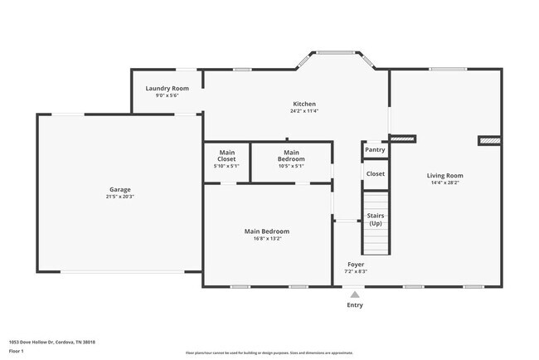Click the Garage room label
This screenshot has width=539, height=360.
119,189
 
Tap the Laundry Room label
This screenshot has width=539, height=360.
167,88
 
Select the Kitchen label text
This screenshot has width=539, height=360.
303,104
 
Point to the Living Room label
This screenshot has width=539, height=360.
444,175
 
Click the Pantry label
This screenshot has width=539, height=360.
375,150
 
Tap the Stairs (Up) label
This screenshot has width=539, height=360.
376,219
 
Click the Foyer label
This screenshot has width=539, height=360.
355,264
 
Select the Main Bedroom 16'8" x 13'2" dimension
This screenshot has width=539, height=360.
267,239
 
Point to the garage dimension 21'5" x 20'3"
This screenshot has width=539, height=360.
119,197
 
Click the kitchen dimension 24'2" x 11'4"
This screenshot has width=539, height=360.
303,111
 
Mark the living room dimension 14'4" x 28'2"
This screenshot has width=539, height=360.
444,182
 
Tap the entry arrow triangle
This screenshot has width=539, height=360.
354,294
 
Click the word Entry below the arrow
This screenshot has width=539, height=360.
354,304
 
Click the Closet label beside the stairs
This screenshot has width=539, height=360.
375,174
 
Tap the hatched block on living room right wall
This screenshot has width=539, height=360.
489,141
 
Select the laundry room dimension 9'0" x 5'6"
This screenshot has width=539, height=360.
167,95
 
